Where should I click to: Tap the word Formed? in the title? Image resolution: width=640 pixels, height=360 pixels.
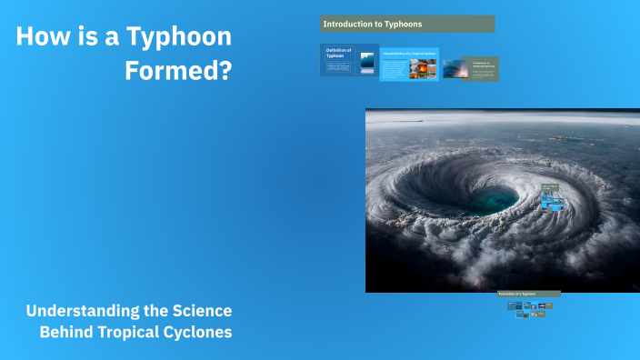click(x=178, y=70)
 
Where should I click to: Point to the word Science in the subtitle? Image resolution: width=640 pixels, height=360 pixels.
click(x=199, y=312)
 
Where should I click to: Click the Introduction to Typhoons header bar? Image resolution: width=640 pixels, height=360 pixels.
click(x=407, y=24)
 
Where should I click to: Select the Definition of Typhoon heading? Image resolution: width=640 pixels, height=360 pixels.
click(x=338, y=55)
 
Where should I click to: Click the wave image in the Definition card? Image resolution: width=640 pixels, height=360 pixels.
click(x=367, y=61)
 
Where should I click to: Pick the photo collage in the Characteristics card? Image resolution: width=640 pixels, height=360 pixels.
click(x=423, y=68)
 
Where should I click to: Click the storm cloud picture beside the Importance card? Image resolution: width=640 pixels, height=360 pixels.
click(x=455, y=68)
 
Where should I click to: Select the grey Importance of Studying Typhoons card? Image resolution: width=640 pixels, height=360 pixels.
click(x=482, y=68)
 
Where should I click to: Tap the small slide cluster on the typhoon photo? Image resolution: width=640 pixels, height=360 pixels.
click(x=551, y=197)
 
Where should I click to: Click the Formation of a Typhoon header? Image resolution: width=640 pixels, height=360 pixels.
click(x=529, y=294)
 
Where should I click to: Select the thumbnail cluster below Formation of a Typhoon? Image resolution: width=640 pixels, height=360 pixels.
click(x=529, y=309)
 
